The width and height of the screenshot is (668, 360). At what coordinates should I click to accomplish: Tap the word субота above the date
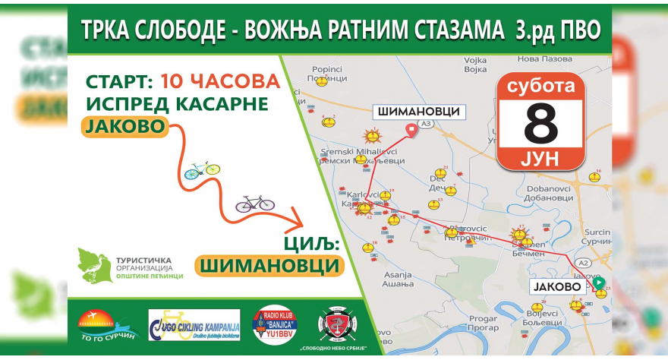pyautogui.click(x=540, y=87)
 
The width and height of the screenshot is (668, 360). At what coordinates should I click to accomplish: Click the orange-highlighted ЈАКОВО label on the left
pyautogui.click(x=124, y=126)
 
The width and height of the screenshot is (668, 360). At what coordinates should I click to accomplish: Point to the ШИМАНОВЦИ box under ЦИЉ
pyautogui.click(x=269, y=265)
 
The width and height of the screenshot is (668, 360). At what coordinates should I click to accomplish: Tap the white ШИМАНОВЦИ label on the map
pyautogui.click(x=417, y=112)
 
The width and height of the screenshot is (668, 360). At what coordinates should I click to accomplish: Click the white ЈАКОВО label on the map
pyautogui.click(x=558, y=287)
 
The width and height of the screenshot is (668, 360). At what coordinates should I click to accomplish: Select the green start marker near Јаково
pyautogui.click(x=598, y=283)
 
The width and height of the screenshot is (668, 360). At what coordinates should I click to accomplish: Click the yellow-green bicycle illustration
pyautogui.click(x=202, y=169)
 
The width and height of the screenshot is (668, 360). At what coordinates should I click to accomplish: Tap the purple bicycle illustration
pyautogui.click(x=254, y=203)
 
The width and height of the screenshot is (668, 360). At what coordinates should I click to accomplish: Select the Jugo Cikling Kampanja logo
pyautogui.click(x=194, y=324)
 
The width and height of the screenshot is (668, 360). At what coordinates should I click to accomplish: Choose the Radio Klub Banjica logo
pyautogui.click(x=274, y=324)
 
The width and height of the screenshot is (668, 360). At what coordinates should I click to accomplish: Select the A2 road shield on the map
pyautogui.click(x=584, y=262)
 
